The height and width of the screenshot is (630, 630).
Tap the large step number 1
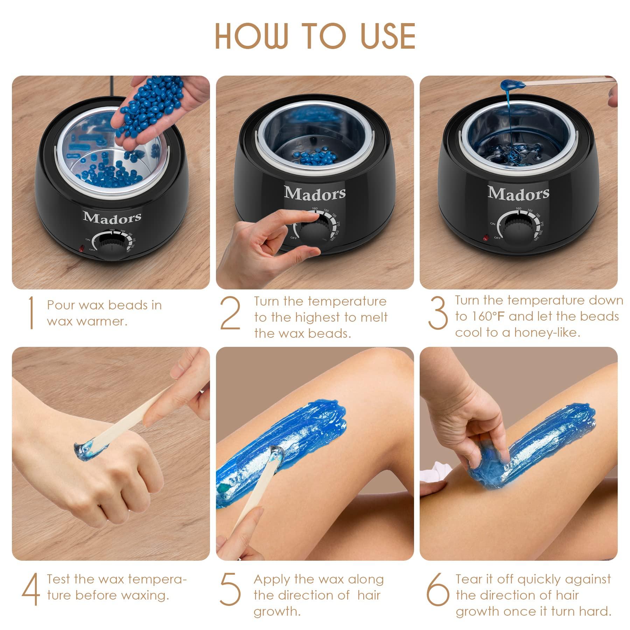pyautogui.click(x=31, y=313)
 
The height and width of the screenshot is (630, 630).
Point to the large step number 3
pyautogui.click(x=437, y=313)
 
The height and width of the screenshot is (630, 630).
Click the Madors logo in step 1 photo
pyautogui.click(x=112, y=217)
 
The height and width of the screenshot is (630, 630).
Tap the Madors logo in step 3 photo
pyautogui.click(x=518, y=193)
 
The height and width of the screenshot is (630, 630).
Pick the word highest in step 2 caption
pyautogui.click(x=318, y=317)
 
